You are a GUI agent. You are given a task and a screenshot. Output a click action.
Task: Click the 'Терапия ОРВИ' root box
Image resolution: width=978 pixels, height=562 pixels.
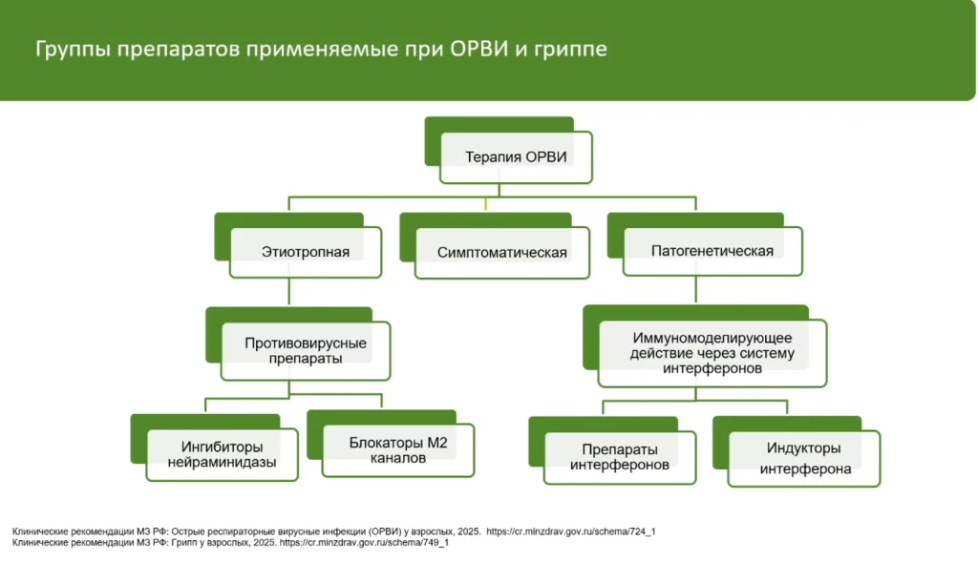(x=516, y=157)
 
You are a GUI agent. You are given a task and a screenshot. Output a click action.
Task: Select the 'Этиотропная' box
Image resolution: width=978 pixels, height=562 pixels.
(x=306, y=252)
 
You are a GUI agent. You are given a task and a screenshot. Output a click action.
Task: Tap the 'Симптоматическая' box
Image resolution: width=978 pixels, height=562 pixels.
(x=502, y=252)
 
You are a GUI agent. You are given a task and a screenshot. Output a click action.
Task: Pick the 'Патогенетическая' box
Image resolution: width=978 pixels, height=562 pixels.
(x=712, y=251)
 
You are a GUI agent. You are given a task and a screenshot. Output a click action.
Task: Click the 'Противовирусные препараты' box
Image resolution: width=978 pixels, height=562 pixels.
(x=306, y=351)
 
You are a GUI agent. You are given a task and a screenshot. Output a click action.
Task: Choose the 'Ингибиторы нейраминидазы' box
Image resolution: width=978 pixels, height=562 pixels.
(x=222, y=455)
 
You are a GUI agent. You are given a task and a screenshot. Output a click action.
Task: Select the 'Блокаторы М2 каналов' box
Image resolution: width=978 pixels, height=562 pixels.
(x=398, y=450)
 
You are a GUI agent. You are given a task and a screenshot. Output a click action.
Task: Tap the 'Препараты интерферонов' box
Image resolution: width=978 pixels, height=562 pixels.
(x=619, y=457)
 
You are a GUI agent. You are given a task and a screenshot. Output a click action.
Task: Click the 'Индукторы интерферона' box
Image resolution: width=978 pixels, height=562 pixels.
(x=804, y=458)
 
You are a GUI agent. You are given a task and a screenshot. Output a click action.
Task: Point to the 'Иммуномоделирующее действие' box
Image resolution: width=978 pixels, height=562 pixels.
(x=712, y=353)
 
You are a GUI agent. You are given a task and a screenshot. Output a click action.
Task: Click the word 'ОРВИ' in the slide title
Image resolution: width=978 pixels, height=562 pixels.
(x=479, y=49)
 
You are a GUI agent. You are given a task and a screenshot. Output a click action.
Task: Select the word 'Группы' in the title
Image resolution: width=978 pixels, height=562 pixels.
(x=73, y=50)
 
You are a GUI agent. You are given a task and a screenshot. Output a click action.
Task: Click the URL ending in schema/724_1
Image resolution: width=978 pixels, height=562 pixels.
(x=571, y=531)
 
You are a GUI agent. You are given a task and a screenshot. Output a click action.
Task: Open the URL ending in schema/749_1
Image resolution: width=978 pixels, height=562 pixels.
(x=364, y=542)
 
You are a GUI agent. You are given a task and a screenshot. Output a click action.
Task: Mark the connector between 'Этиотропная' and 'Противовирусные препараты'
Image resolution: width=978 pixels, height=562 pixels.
(x=288, y=291)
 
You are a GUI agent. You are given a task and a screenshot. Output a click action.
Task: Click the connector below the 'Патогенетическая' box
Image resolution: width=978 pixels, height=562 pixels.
(x=696, y=290)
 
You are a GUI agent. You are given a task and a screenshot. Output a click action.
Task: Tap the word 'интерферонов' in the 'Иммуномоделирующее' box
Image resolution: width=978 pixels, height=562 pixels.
(x=712, y=369)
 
